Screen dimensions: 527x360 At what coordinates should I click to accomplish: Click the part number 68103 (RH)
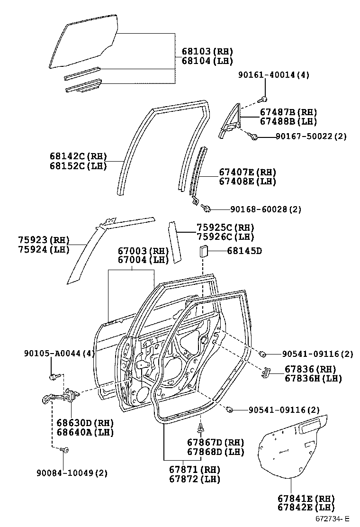tap(207, 51)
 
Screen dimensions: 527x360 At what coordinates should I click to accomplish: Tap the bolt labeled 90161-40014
tap(264, 99)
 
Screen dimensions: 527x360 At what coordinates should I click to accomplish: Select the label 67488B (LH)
tap(288, 122)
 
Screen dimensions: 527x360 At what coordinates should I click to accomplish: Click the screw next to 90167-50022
tap(254, 137)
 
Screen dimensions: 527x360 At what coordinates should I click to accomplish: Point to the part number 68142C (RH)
tap(78, 156)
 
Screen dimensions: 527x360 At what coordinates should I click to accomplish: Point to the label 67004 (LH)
tap(143, 260)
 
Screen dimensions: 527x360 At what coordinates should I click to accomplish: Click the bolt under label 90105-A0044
tap(53, 377)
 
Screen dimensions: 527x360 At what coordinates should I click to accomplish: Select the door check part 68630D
tap(59, 396)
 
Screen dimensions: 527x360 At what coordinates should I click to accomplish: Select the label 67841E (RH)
tap(306, 499)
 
